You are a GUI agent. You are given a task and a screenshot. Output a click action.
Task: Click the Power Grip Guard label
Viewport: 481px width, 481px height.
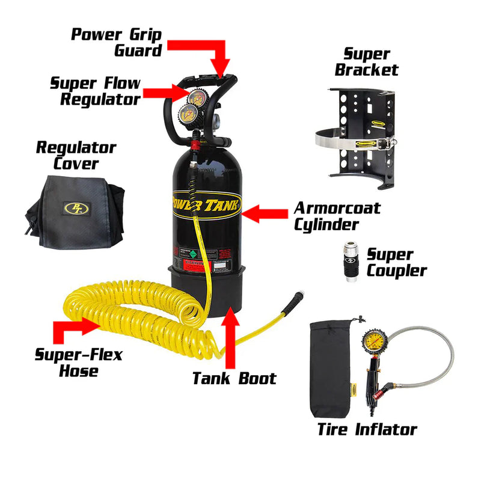point(117,41)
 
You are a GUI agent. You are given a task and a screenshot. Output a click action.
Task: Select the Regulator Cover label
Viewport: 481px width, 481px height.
point(76,155)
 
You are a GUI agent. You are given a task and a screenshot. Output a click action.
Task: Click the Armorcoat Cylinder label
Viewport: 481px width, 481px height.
point(337,216)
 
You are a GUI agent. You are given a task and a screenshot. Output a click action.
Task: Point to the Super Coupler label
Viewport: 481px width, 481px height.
point(397,263)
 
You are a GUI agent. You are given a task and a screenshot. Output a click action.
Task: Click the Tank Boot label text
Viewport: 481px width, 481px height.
point(234,378)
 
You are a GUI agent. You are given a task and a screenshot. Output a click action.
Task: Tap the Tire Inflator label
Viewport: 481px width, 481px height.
point(367,429)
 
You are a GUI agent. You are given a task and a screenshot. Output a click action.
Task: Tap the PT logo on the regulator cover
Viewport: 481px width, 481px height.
point(75,207)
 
